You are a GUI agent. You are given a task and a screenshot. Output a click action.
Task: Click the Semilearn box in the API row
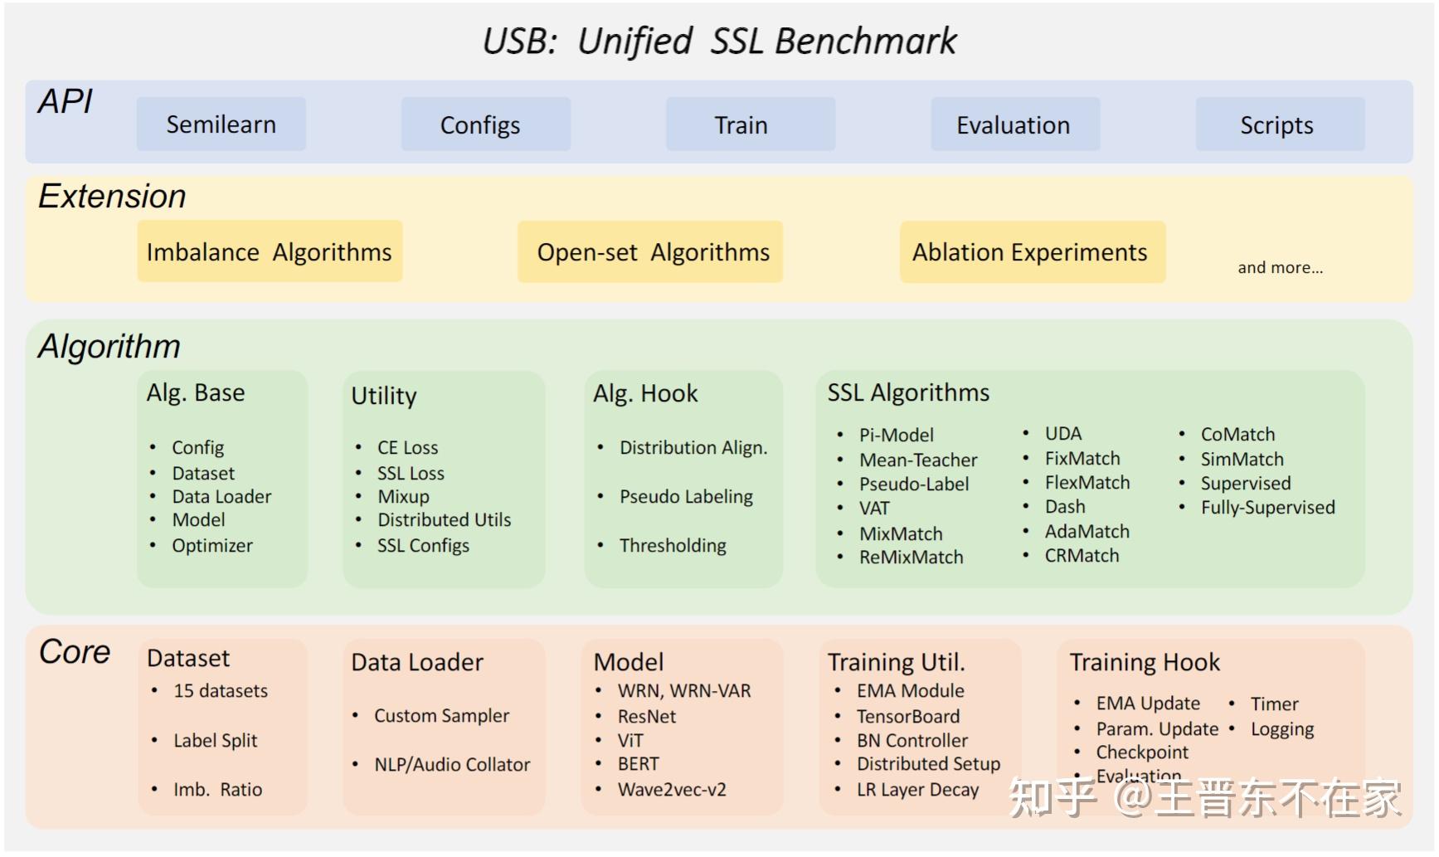pos(221,124)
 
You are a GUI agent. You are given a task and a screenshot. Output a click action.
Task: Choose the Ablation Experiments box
pos(1032,252)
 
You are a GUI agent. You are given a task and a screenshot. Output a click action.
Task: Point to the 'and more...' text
pos(1280,268)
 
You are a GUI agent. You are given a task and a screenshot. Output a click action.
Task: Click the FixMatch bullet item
pos(1082,459)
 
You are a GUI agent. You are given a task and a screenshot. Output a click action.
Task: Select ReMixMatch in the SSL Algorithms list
pos(911,558)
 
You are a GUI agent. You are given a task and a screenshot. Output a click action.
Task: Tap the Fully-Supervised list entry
pos(1267,508)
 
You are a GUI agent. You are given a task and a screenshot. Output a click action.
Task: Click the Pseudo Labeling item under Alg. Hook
pos(686,497)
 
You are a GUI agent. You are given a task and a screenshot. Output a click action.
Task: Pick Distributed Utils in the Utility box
pos(444,520)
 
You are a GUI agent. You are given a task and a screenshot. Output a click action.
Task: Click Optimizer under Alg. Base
pos(212,546)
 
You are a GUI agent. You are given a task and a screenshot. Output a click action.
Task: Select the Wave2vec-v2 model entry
pos(671,790)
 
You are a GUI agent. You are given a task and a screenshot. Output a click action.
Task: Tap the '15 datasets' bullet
pos(220,691)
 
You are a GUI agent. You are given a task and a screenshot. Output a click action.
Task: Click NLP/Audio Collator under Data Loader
pos(451,765)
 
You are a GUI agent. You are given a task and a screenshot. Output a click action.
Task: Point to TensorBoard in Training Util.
pos(907,717)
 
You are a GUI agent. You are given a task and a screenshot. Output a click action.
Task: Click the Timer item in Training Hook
pos(1274,704)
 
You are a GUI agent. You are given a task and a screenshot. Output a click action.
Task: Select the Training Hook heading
pos(1144,663)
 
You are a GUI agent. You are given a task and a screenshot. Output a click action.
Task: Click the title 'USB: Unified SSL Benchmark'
pos(719,41)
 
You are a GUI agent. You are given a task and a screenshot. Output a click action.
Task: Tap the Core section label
pos(75,652)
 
